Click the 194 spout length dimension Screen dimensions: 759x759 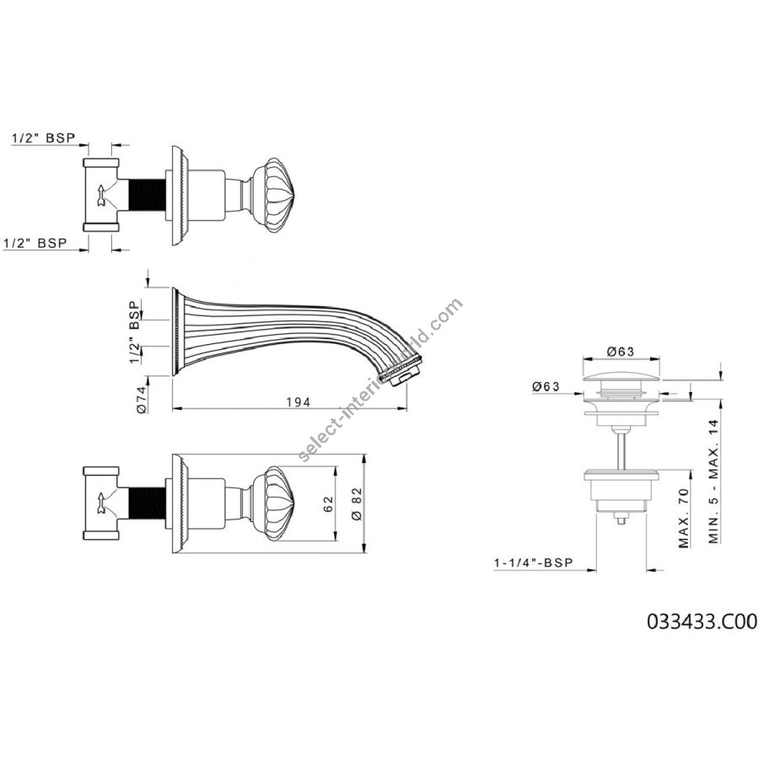pos(299,401)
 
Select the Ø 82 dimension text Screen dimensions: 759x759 pos(358,503)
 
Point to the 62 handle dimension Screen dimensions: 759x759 pos(328,504)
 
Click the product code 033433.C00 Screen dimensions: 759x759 pos(702,622)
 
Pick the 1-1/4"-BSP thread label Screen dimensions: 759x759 pos(534,563)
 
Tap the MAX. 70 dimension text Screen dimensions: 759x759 pos(683,518)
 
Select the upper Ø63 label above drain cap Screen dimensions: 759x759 pos(621,352)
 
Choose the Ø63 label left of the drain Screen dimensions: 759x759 pos(546,386)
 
